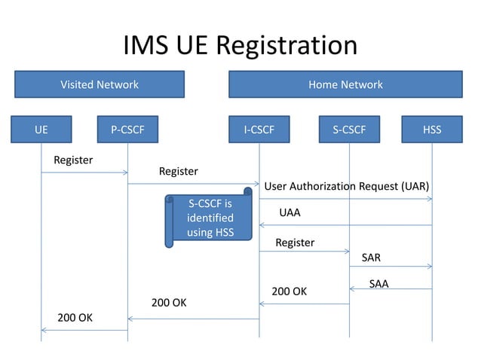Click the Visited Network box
(100, 84)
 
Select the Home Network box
(345, 84)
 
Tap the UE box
(41, 130)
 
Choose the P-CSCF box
(127, 130)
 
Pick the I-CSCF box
(259, 130)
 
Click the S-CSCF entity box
(349, 130)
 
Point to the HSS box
(432, 130)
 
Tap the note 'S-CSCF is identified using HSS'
(210, 218)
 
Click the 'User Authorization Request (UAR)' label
(346, 186)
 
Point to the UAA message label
(290, 212)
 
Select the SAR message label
(371, 258)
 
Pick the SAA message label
(378, 284)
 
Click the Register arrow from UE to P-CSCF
(84, 172)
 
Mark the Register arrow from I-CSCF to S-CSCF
(305, 252)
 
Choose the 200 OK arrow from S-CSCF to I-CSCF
(305, 304)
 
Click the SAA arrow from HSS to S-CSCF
(391, 289)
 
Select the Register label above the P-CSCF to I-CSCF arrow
(179, 171)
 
